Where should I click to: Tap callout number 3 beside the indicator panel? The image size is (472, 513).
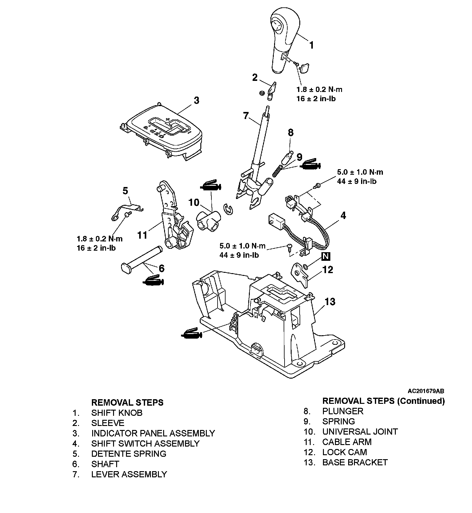(x=196, y=101)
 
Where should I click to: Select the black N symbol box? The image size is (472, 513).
(x=326, y=256)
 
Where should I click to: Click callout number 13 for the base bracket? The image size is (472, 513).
(x=330, y=302)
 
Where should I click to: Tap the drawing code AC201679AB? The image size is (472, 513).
(x=426, y=391)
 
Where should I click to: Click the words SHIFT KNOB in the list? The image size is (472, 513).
(x=117, y=413)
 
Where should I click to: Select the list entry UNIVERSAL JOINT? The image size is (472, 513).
(x=360, y=432)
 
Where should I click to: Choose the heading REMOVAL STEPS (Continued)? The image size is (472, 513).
(x=383, y=401)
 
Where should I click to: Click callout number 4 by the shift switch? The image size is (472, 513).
(x=343, y=216)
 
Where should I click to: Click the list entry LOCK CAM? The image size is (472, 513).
(x=344, y=452)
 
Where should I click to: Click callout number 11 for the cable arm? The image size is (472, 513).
(x=142, y=235)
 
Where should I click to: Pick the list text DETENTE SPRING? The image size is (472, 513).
(x=128, y=454)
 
